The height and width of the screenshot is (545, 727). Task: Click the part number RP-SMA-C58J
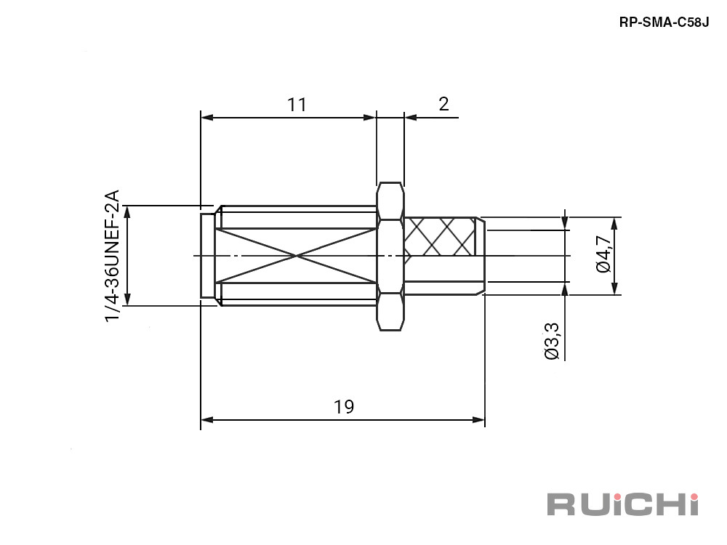pos(664,23)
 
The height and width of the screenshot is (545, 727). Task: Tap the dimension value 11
pos(297,105)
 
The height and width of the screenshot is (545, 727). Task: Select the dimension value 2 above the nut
pos(443,104)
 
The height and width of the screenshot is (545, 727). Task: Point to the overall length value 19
pos(344,406)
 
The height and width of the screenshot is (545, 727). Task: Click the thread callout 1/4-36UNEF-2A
pos(112,256)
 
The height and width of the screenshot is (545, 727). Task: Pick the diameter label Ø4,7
pos(603,254)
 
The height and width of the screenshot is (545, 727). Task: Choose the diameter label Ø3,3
pos(552,341)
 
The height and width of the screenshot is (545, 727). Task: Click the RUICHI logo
pos(623,504)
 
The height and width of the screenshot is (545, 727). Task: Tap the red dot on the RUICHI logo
pos(694,497)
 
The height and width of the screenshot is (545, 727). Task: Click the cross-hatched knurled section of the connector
pos(440,236)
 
